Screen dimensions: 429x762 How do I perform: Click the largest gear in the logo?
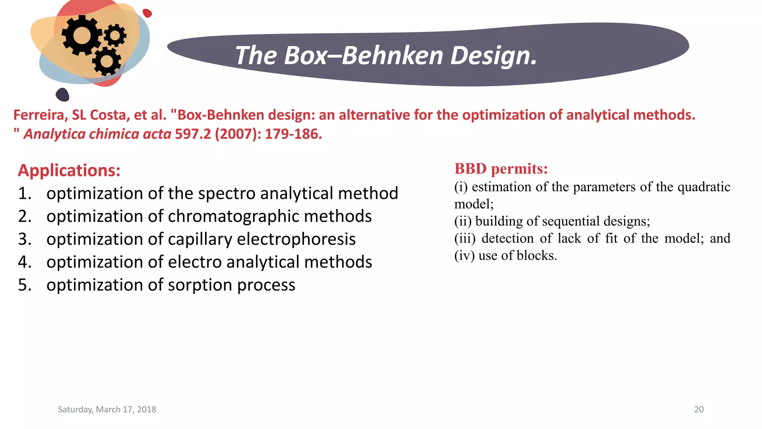coord(81,35)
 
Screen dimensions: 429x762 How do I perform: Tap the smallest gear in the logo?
coord(115,35)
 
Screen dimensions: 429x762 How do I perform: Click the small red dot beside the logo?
coord(147,13)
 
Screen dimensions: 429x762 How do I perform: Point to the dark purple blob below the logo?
coord(63,95)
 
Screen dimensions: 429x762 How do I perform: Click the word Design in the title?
coord(494,55)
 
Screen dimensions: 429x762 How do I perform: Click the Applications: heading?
coord(69,171)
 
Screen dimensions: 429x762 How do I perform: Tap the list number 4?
coord(24,262)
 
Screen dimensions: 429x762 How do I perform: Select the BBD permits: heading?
coord(501,169)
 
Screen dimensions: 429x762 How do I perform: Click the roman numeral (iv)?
coord(464,256)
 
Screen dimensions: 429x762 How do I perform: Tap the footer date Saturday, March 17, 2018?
coord(107,410)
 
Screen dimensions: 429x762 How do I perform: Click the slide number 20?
coord(699,410)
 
